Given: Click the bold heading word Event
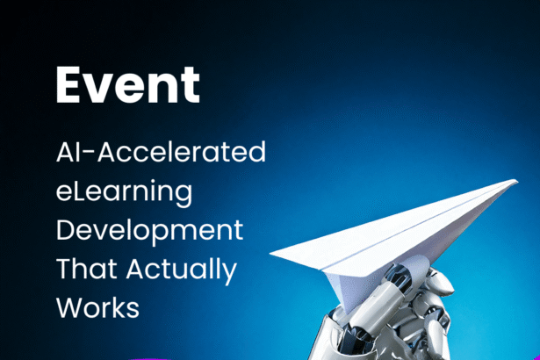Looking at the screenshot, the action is [x=128, y=85].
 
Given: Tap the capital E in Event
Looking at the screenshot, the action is [x=68, y=85].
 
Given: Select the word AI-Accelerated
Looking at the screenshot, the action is [x=161, y=151].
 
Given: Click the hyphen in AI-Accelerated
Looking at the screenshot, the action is [x=90, y=153].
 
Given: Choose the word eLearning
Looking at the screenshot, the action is [x=124, y=192].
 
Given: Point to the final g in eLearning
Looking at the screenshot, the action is [x=184, y=195].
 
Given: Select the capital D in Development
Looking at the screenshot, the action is [x=66, y=229].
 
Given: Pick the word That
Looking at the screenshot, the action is [x=86, y=269].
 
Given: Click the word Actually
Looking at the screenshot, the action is [x=182, y=271].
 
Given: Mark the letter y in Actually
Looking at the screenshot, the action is [x=229, y=274].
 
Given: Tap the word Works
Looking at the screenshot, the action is [x=97, y=307].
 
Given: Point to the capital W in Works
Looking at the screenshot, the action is [x=70, y=307].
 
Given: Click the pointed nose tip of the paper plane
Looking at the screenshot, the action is [x=517, y=181].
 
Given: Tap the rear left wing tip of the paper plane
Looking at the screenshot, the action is [x=270, y=253].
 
